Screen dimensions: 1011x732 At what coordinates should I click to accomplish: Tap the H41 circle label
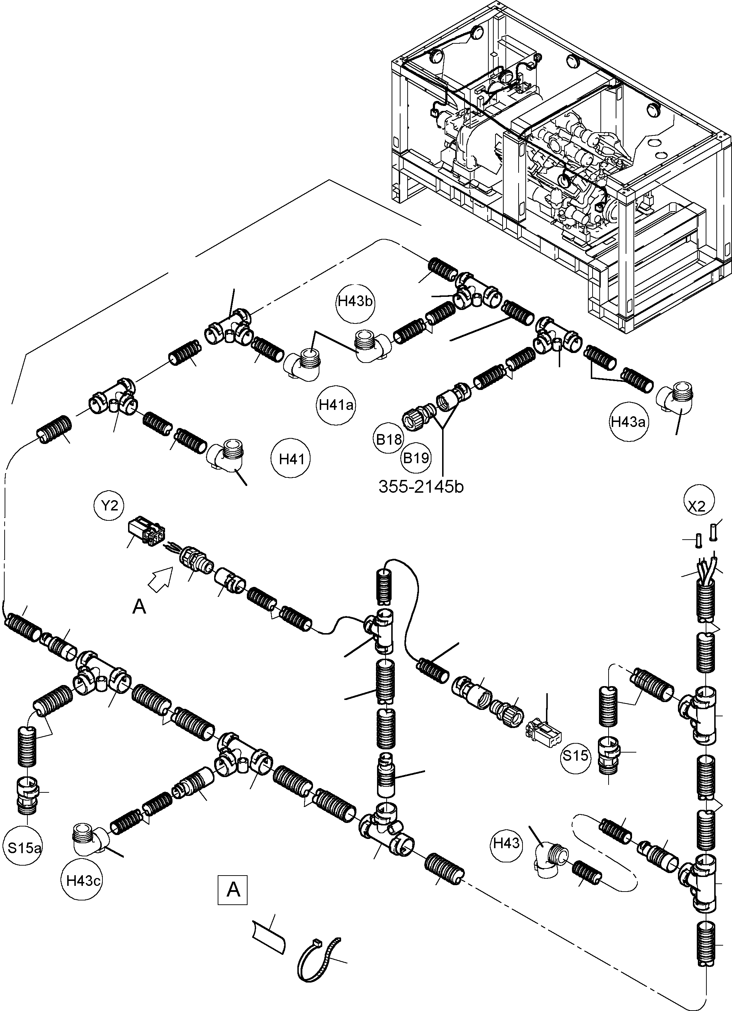[291, 459]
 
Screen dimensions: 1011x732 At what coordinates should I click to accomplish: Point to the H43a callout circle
[628, 422]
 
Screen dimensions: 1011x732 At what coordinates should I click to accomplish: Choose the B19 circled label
[416, 458]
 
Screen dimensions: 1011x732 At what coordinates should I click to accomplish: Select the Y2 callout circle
[109, 506]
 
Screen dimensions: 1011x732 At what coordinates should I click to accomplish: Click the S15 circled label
[575, 755]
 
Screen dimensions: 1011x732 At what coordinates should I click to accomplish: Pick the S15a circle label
[25, 847]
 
